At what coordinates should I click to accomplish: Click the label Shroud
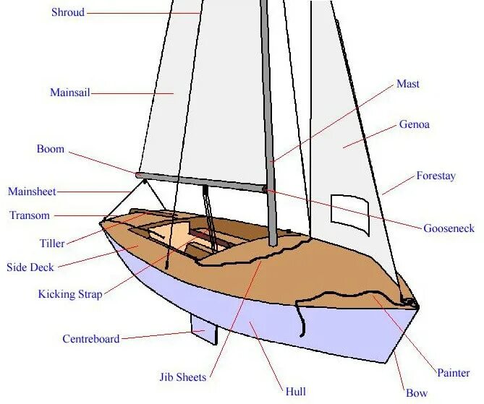[67, 12]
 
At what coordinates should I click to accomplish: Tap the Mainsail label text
[70, 93]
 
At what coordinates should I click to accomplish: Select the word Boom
[51, 150]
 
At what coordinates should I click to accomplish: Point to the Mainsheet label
[32, 192]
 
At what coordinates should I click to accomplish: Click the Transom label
[30, 215]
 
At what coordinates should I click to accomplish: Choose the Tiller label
[52, 244]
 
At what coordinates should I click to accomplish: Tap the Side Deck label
[30, 267]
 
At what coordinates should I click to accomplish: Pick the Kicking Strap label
[70, 294]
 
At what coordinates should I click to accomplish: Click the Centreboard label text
[91, 338]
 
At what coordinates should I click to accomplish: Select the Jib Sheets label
[183, 377]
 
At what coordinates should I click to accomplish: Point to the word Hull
[295, 392]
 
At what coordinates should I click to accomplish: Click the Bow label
[417, 393]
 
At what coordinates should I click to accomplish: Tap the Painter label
[454, 373]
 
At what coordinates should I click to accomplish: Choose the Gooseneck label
[449, 228]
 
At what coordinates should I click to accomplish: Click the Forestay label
[436, 176]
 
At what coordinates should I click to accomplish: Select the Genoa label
[415, 124]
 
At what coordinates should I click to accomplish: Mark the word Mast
[408, 84]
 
